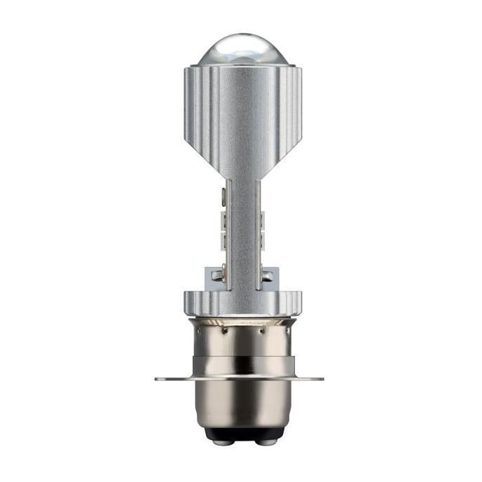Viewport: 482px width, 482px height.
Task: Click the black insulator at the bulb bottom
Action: [240, 435]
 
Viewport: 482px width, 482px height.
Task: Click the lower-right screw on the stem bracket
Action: [264, 275]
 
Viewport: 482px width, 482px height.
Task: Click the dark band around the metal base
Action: [240, 364]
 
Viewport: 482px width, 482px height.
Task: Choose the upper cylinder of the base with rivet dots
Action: [240, 340]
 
